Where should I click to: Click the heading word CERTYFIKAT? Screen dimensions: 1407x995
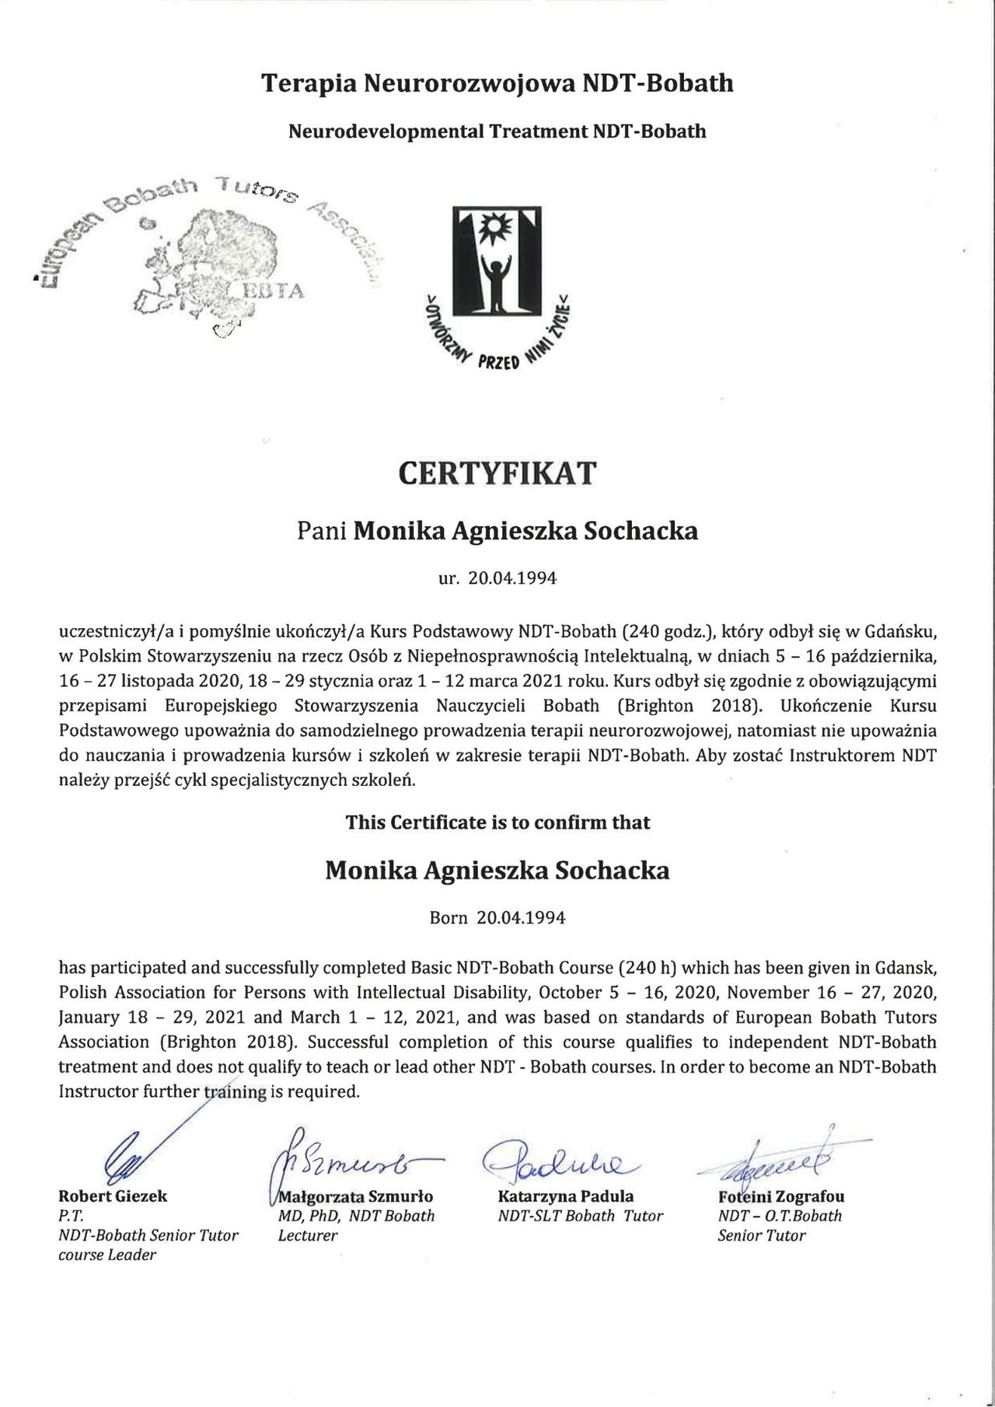[497, 473]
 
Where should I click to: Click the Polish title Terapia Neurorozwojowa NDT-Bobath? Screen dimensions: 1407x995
[497, 83]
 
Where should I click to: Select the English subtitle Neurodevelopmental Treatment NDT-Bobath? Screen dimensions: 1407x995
[497, 131]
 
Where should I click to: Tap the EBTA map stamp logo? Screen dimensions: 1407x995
[210, 260]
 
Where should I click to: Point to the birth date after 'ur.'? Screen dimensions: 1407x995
[513, 579]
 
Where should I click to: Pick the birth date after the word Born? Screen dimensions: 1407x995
[521, 918]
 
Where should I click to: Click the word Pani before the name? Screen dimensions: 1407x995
[322, 532]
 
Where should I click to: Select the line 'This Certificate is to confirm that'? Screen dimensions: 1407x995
[497, 822]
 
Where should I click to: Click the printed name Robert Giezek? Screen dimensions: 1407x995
[113, 1196]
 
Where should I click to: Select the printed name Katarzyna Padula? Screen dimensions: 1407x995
[565, 1196]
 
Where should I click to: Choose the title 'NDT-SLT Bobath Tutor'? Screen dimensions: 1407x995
[580, 1216]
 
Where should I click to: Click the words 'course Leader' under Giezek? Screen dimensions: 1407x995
[107, 1255]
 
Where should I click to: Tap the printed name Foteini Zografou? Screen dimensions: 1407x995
[781, 1196]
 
